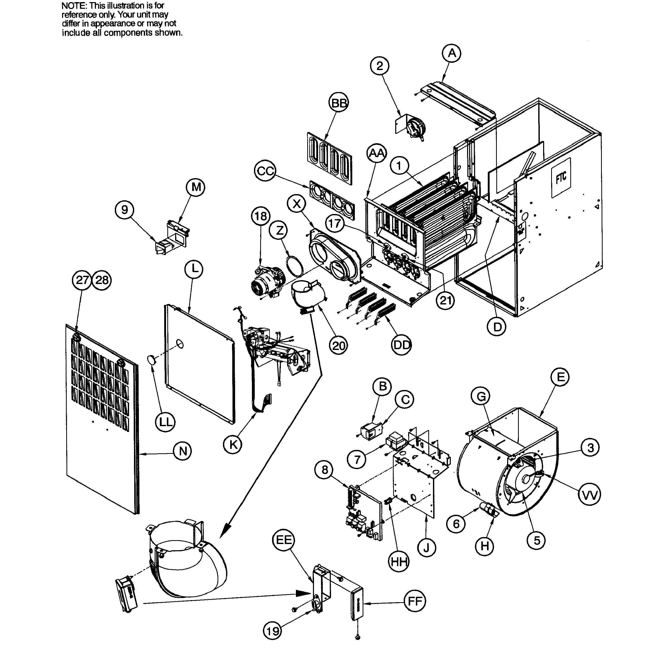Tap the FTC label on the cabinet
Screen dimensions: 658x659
561,177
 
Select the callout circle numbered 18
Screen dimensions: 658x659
261,216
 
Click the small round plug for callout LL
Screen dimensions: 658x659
152,359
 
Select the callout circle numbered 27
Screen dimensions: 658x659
82,280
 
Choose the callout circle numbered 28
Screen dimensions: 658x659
102,280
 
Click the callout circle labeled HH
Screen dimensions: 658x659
399,562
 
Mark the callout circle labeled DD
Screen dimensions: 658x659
401,345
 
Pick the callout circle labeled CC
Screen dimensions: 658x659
265,171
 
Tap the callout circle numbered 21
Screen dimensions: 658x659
445,300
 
